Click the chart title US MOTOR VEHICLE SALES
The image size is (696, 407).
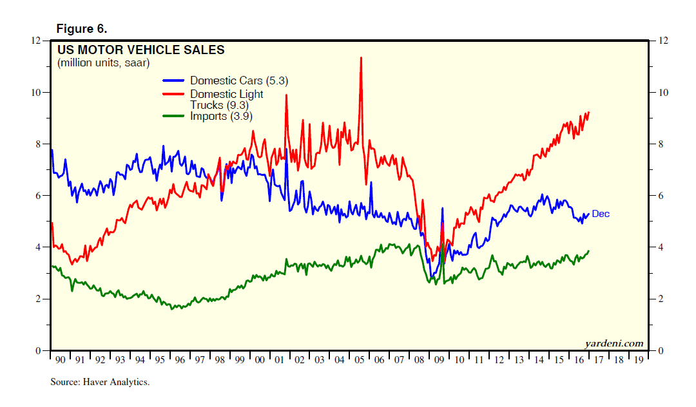click(x=141, y=50)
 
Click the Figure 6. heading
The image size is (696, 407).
click(x=82, y=28)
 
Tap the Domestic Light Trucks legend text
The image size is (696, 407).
click(x=226, y=99)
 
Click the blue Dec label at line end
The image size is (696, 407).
click(x=600, y=214)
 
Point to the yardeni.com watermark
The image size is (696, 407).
click(x=614, y=343)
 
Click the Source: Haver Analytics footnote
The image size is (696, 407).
click(x=100, y=383)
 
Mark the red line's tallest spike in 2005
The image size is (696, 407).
click(x=361, y=58)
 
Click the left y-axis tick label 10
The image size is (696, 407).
click(x=37, y=93)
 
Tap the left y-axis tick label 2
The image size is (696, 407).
click(x=40, y=299)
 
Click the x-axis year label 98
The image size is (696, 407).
click(x=220, y=361)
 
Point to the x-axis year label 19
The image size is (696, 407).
click(x=638, y=361)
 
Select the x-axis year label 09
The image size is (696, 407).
click(x=439, y=361)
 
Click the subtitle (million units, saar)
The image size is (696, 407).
click(x=103, y=63)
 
